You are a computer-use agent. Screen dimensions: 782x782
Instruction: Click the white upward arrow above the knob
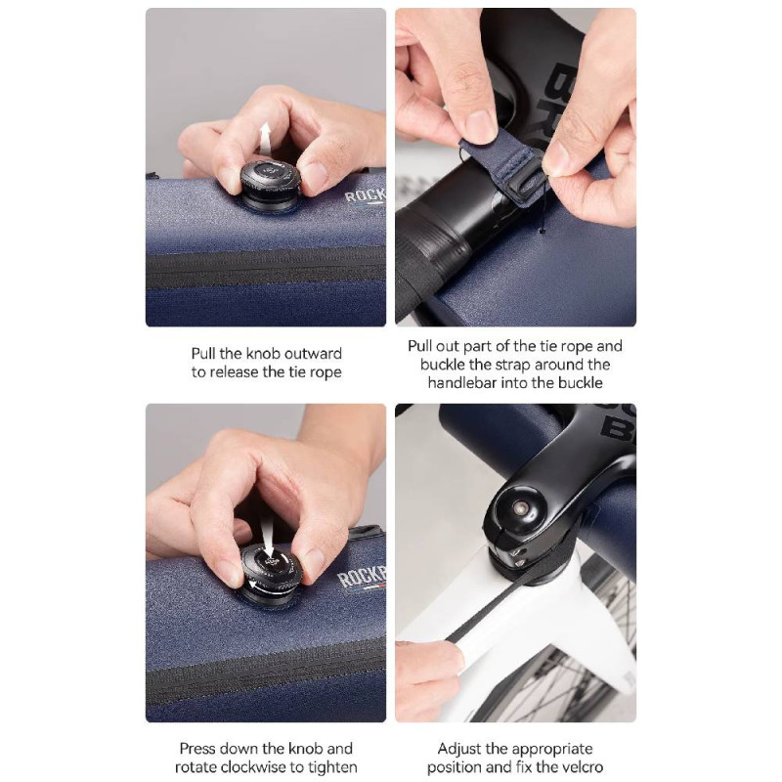pos(265,139)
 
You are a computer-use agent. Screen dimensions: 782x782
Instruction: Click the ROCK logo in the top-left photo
pos(366,195)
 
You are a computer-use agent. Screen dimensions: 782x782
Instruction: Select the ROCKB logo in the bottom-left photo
pos(362,578)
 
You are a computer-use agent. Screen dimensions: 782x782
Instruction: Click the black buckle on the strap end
pos(528,186)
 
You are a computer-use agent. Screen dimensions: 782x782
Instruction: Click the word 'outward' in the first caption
pos(310,354)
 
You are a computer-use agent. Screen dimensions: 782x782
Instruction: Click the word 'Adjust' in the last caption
pos(459,749)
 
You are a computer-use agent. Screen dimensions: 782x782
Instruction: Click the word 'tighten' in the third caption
pos(333,767)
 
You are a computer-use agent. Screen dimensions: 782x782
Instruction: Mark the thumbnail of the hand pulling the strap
pos(516,167)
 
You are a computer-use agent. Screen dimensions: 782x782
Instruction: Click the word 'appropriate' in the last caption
pos(552,750)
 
